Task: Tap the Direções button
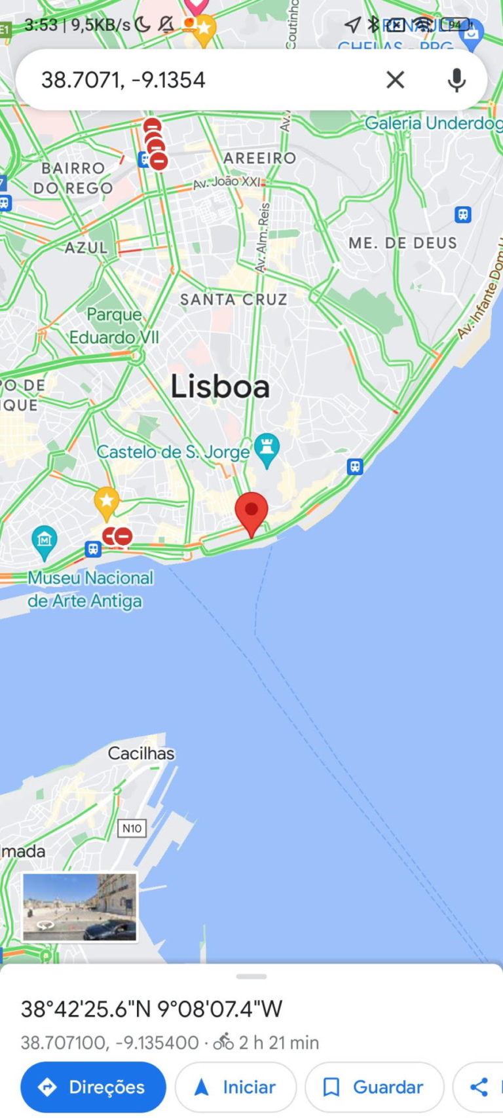coord(93,1087)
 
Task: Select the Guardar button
coord(374,1087)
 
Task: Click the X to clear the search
coord(395,80)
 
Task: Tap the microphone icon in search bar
coord(456,80)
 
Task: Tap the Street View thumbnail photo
coord(80,907)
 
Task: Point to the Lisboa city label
coord(220,386)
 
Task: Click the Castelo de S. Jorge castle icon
coord(267,449)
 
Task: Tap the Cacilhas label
coord(141,753)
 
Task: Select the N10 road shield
coord(132,829)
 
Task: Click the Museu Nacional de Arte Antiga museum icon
coord(44,541)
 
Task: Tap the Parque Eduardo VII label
coord(115,326)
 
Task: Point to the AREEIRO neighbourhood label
coord(259,158)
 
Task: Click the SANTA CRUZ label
coord(234,299)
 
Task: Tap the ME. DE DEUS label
coord(402,243)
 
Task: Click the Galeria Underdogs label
coord(432,123)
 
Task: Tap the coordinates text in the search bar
coord(123,80)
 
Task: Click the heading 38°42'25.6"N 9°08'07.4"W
coord(152,1009)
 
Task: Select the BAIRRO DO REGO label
coord(73,178)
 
